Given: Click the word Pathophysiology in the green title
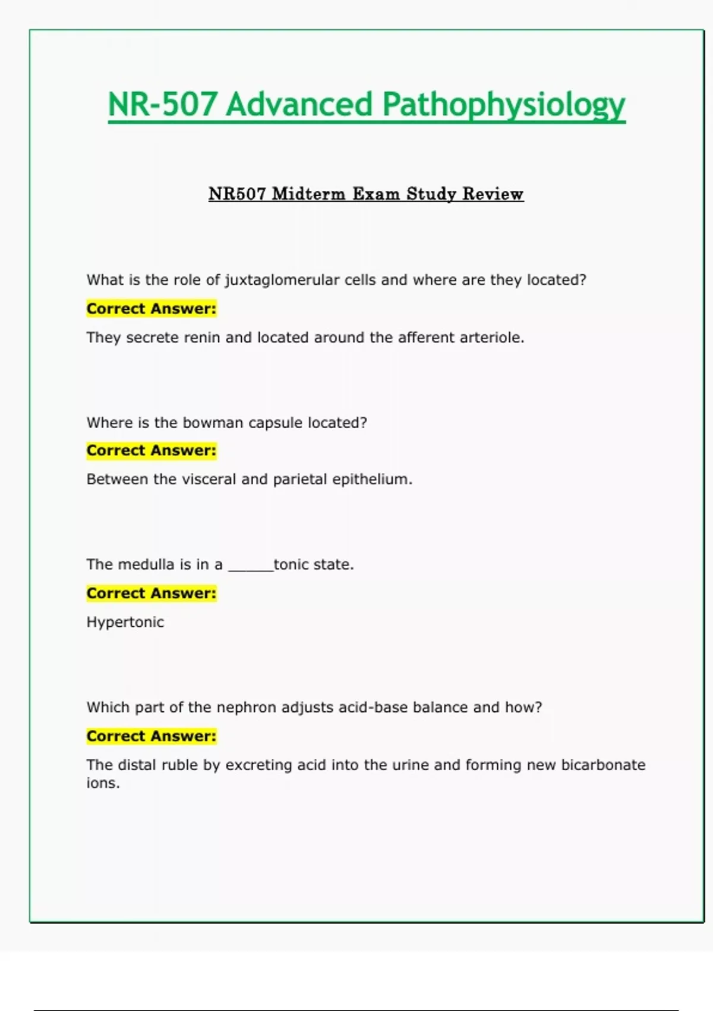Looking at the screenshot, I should [503, 105].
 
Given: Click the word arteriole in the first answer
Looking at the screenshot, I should [493, 338].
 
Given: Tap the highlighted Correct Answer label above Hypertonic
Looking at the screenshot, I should [152, 593].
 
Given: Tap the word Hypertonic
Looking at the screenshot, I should [125, 622].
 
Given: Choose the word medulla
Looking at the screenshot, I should [146, 564].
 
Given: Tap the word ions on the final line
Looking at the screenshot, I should [103, 783].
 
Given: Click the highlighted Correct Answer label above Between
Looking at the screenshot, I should [152, 451].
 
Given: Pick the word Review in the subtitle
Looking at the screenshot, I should [493, 194].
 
